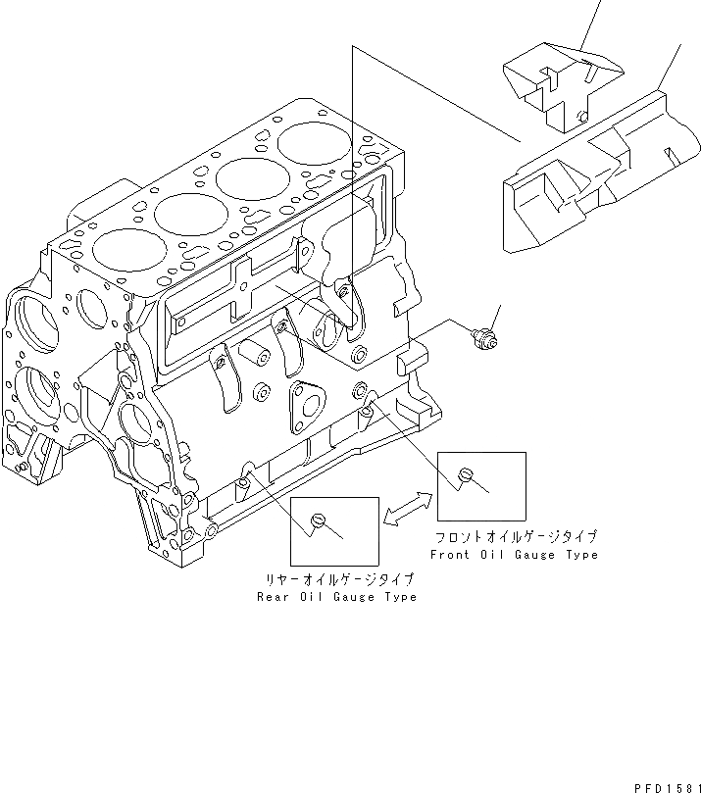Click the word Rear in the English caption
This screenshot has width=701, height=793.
pos(274,597)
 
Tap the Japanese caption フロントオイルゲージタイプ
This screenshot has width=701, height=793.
pos(517,537)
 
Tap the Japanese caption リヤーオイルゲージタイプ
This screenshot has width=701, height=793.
pos(336,580)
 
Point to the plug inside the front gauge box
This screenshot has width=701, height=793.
pos(467,475)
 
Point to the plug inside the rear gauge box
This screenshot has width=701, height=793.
pos(317,520)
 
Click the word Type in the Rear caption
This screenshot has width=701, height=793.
pos(399,597)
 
